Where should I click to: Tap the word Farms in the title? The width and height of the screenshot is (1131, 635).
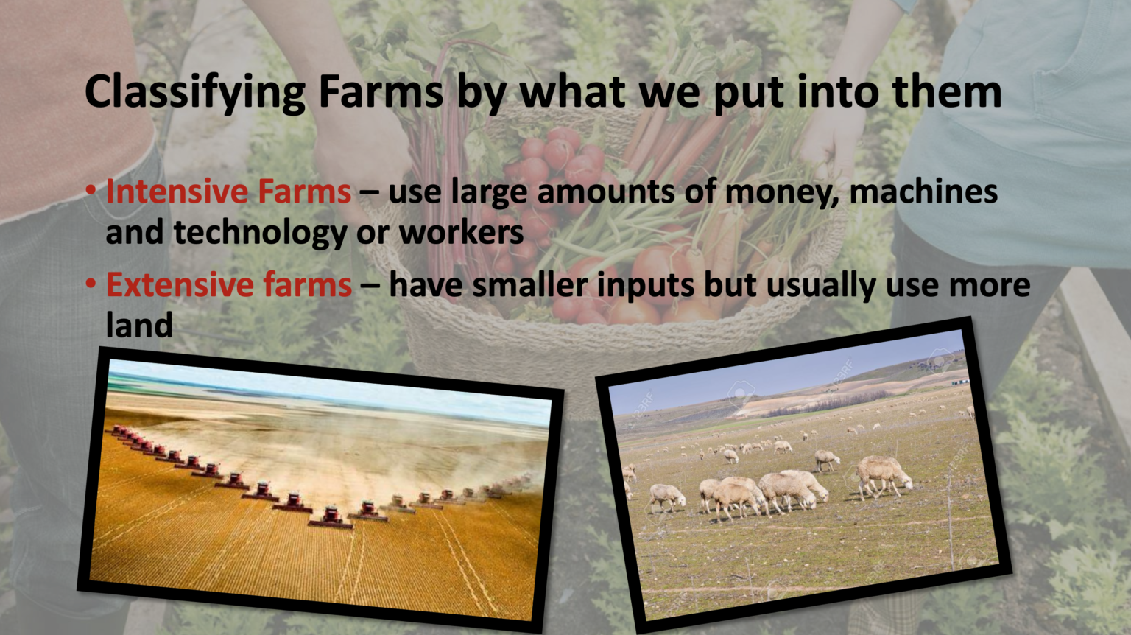380,93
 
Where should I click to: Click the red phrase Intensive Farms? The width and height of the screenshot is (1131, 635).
228,192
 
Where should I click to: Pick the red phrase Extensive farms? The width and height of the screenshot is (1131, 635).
229,285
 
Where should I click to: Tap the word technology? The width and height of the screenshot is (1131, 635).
260,234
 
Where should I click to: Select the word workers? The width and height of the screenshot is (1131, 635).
461,234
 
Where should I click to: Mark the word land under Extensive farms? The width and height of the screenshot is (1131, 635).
139,326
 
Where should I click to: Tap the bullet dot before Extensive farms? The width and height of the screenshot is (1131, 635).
91,284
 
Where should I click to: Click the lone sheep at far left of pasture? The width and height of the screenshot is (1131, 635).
667,498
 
